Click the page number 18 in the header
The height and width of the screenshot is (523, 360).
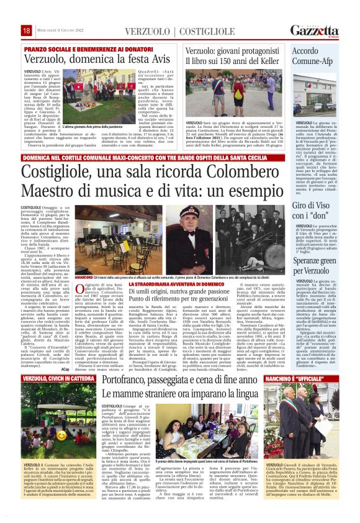point(27,30)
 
